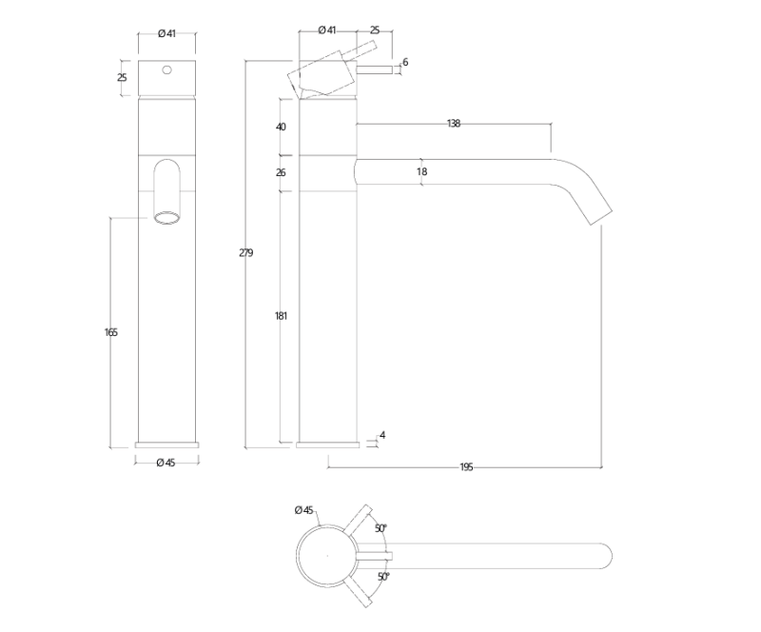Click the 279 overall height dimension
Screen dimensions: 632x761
pos(245,253)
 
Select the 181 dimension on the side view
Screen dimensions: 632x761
pos(281,316)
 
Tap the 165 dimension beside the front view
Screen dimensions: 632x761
pos(110,332)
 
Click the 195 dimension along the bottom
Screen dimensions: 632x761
pos(466,467)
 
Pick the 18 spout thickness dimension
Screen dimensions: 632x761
pos(421,172)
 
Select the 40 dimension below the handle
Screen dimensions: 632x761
pos(281,127)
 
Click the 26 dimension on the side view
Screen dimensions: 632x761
pos(281,173)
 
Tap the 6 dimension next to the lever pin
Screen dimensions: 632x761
pos(405,63)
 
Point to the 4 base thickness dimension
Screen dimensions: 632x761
pos(382,436)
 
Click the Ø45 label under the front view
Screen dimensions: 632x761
pos(166,463)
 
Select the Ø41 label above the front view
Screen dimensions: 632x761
pos(166,34)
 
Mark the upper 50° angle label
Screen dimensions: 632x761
pos(380,528)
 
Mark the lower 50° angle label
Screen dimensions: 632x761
pos(382,577)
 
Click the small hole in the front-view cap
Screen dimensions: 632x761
pos(167,69)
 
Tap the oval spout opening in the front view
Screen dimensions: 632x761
pos(167,219)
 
